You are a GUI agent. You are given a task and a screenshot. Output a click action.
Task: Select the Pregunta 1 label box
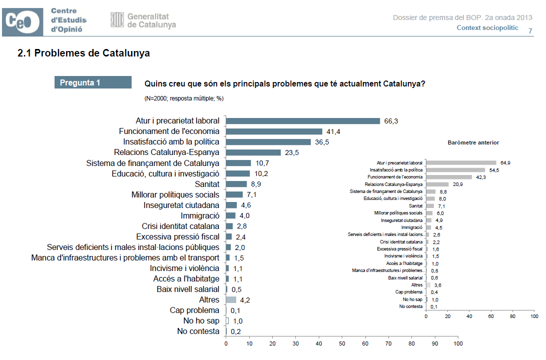click(93, 82)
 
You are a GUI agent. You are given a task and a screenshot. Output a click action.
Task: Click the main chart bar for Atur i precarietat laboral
click(303, 121)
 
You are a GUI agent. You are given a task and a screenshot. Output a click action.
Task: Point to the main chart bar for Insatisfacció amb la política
click(268, 142)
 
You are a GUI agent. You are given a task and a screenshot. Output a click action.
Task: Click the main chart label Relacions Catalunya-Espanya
click(167, 152)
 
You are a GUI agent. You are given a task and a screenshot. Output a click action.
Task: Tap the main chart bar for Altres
click(231, 300)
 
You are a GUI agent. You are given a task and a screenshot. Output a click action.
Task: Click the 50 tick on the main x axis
click(342, 344)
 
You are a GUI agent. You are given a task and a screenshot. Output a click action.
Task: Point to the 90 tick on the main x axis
click(435, 344)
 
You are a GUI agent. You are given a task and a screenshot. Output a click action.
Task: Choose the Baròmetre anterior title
click(473, 142)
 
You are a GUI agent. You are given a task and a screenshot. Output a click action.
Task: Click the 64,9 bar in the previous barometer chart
click(461, 162)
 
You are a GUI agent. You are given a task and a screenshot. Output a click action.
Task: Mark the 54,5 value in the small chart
click(493, 170)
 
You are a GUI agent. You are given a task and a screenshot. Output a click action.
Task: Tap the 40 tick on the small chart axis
click(469, 316)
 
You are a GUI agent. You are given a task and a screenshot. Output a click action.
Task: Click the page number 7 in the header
click(530, 31)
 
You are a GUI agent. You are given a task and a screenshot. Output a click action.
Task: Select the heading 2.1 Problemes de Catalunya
click(84, 53)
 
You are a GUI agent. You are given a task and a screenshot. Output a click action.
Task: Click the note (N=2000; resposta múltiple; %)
click(184, 98)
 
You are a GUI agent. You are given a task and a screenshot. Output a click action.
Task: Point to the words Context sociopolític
click(487, 28)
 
